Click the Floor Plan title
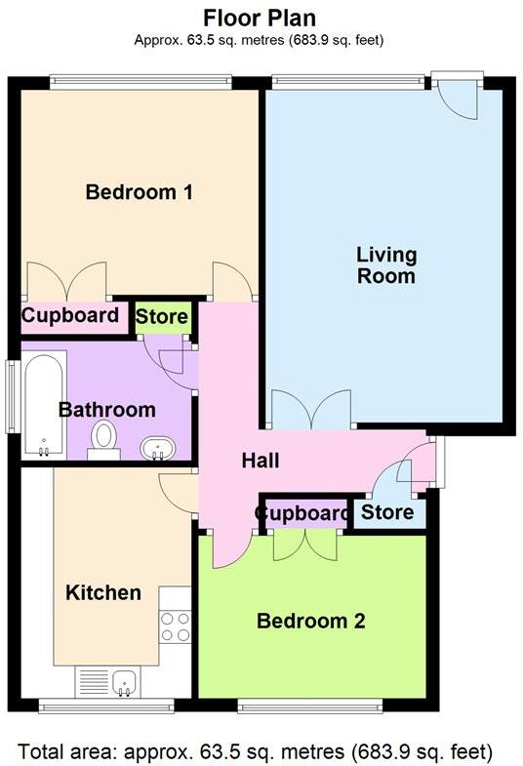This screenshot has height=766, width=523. click(x=260, y=18)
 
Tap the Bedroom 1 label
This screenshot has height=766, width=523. click(x=139, y=192)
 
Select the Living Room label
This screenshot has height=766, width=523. click(x=386, y=265)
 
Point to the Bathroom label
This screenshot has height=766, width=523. click(x=106, y=410)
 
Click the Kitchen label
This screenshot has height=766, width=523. click(x=103, y=592)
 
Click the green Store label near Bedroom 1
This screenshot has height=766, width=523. click(x=162, y=317)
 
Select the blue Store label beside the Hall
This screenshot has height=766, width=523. click(x=388, y=512)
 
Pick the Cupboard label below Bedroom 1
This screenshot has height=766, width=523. click(x=70, y=316)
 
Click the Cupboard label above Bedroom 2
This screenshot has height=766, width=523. click(x=302, y=513)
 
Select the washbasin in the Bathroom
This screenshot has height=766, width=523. click(x=157, y=449)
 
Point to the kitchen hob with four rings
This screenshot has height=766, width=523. click(x=176, y=625)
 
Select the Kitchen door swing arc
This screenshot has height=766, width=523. click(x=176, y=493)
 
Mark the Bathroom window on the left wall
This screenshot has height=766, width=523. click(x=11, y=396)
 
